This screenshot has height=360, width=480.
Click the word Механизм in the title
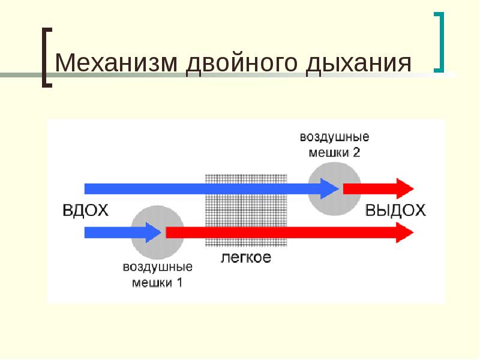[x=116, y=63]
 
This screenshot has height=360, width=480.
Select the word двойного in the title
[x=242, y=64]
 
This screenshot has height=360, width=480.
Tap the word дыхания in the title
[x=359, y=64]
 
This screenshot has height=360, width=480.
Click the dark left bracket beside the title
[x=47, y=58]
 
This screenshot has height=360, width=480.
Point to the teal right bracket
[x=439, y=42]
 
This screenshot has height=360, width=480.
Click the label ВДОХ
[x=85, y=211]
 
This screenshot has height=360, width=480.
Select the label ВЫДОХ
[x=395, y=211]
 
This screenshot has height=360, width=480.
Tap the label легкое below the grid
[x=246, y=257]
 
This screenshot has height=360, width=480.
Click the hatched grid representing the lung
[x=246, y=211]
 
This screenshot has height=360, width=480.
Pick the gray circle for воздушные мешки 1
[x=158, y=232]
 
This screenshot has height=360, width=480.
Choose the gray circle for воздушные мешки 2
[x=334, y=189]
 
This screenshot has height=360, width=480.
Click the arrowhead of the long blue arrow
[x=329, y=188]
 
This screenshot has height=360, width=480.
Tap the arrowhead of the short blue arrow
[x=154, y=233]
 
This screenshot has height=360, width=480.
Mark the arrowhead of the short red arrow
[x=405, y=188]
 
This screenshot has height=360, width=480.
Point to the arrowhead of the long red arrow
[x=405, y=233]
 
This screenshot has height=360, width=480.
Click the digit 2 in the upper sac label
[x=356, y=152]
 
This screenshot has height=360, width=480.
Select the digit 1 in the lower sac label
[x=179, y=282]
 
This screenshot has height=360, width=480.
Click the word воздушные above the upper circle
[x=335, y=137]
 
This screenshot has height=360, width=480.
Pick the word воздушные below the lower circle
[x=158, y=267]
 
